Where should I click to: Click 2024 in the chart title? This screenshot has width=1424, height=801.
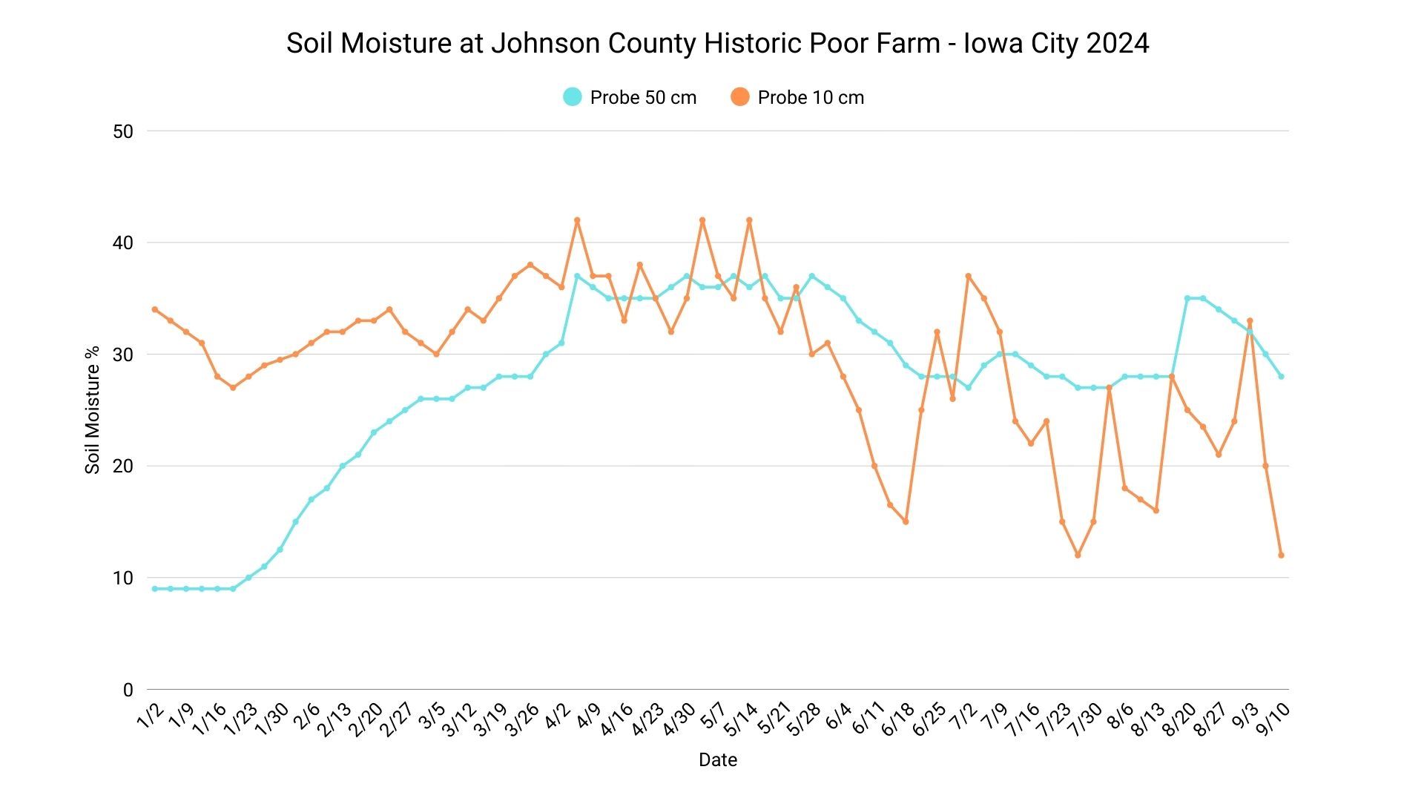pyautogui.click(x=1118, y=43)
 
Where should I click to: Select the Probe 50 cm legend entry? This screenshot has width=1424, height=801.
pyautogui.click(x=630, y=97)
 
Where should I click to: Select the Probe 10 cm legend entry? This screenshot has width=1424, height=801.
pyautogui.click(x=797, y=97)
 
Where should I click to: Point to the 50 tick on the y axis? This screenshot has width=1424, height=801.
pyautogui.click(x=123, y=132)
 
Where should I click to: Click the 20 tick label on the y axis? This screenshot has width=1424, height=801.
pyautogui.click(x=123, y=467)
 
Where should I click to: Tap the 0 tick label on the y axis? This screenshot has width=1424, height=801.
pyautogui.click(x=128, y=690)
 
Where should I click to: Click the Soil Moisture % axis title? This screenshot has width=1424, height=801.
pyautogui.click(x=93, y=409)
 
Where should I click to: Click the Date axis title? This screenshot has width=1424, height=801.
pyautogui.click(x=717, y=759)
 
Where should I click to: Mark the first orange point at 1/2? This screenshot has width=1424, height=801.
pyautogui.click(x=154, y=309)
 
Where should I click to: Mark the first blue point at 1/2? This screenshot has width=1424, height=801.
pyautogui.click(x=154, y=589)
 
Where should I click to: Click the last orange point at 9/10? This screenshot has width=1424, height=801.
pyautogui.click(x=1281, y=556)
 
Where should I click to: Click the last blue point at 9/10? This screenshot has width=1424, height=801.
pyautogui.click(x=1281, y=377)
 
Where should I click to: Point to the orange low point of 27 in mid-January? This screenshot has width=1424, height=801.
pyautogui.click(x=233, y=388)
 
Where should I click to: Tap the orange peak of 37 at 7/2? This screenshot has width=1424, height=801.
pyautogui.click(x=968, y=276)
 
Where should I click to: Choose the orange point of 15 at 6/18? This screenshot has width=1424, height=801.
pyautogui.click(x=906, y=522)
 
